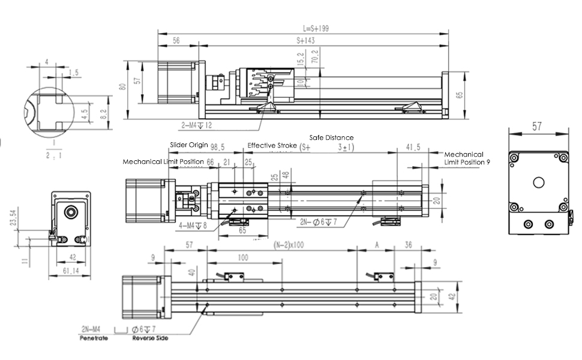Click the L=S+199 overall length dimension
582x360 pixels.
pos(316,28)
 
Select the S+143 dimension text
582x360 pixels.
pos(309,40)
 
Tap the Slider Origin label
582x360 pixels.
pos(189,145)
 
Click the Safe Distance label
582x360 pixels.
pos(331,137)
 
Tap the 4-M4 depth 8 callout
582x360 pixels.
pos(193,226)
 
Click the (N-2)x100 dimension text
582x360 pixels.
pos(288,245)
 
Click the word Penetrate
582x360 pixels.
pos(93,338)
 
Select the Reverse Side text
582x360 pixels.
pos(150,338)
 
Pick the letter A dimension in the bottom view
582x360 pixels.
pos(376,245)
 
